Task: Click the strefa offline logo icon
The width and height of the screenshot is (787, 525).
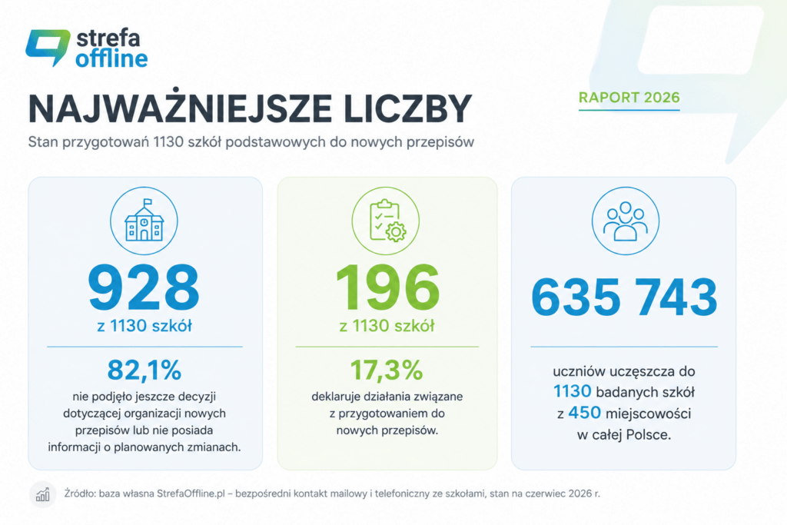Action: (48, 47)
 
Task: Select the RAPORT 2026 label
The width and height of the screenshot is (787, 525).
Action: (629, 98)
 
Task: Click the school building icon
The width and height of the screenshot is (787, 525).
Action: (144, 221)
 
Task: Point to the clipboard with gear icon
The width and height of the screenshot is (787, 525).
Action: (387, 221)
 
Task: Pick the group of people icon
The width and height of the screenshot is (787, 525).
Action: (625, 221)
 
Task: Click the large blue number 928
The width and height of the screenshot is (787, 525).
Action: (144, 287)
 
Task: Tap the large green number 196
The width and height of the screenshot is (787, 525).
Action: (387, 287)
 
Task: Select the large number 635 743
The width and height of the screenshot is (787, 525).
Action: (624, 297)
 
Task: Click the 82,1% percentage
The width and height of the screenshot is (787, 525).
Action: (144, 370)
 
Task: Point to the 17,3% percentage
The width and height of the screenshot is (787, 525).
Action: (387, 370)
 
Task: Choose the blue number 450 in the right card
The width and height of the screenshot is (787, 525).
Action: (584, 413)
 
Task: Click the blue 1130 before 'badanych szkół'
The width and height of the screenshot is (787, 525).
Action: (572, 391)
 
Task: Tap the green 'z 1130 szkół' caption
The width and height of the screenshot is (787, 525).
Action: (387, 326)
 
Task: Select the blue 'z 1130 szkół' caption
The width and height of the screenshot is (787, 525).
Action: (144, 326)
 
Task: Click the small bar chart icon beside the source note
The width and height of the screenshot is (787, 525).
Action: (43, 495)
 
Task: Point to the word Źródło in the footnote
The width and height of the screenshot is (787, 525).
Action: (80, 494)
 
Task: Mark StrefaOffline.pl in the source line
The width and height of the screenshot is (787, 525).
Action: (191, 494)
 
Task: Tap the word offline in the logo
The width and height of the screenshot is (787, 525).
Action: (111, 58)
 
